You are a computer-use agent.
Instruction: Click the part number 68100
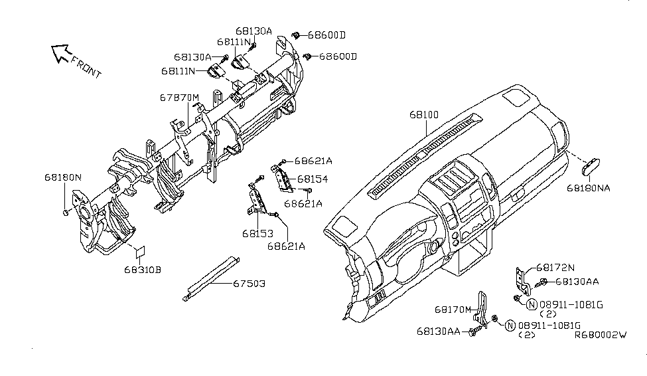[423, 115]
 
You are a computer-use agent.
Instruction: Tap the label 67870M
[179, 97]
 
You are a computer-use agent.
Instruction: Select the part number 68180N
[63, 177]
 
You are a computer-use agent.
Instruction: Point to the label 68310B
[142, 270]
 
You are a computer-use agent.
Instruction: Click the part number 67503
[249, 283]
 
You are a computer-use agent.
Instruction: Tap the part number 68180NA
[588, 188]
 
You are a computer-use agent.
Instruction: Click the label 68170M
[453, 309]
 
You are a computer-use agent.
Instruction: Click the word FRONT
[86, 67]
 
